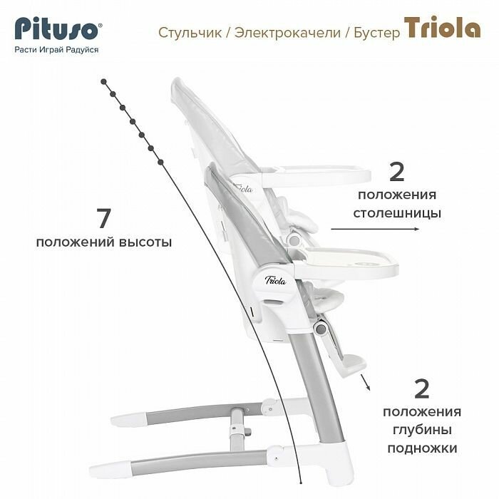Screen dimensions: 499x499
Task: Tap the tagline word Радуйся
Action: click(82, 50)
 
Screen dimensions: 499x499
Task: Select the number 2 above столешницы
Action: click(397, 172)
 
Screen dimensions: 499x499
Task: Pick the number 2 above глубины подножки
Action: click(421, 389)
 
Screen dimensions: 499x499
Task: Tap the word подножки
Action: click(422, 448)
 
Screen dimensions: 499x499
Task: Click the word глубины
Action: click(422, 430)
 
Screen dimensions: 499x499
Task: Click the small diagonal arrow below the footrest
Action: click(368, 385)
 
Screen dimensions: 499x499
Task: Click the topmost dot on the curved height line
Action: click(104, 81)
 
